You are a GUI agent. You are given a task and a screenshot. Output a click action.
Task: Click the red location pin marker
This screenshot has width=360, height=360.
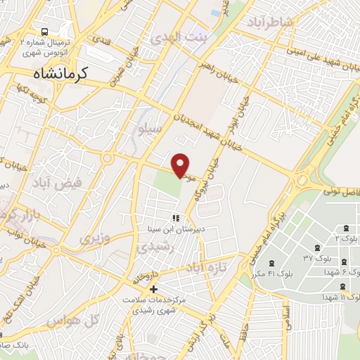[x=181, y=165]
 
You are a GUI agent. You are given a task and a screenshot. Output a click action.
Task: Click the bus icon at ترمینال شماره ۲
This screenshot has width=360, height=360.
[x=45, y=33]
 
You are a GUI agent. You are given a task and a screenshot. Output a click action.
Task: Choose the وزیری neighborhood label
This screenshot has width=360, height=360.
[x=96, y=238]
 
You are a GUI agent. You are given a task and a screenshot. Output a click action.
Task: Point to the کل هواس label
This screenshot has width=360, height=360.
[x=70, y=321]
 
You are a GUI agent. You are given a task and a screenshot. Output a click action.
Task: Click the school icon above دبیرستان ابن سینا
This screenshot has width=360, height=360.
[x=175, y=218]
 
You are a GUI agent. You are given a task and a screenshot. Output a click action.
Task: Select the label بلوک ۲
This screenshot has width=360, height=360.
[x=347, y=238]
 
